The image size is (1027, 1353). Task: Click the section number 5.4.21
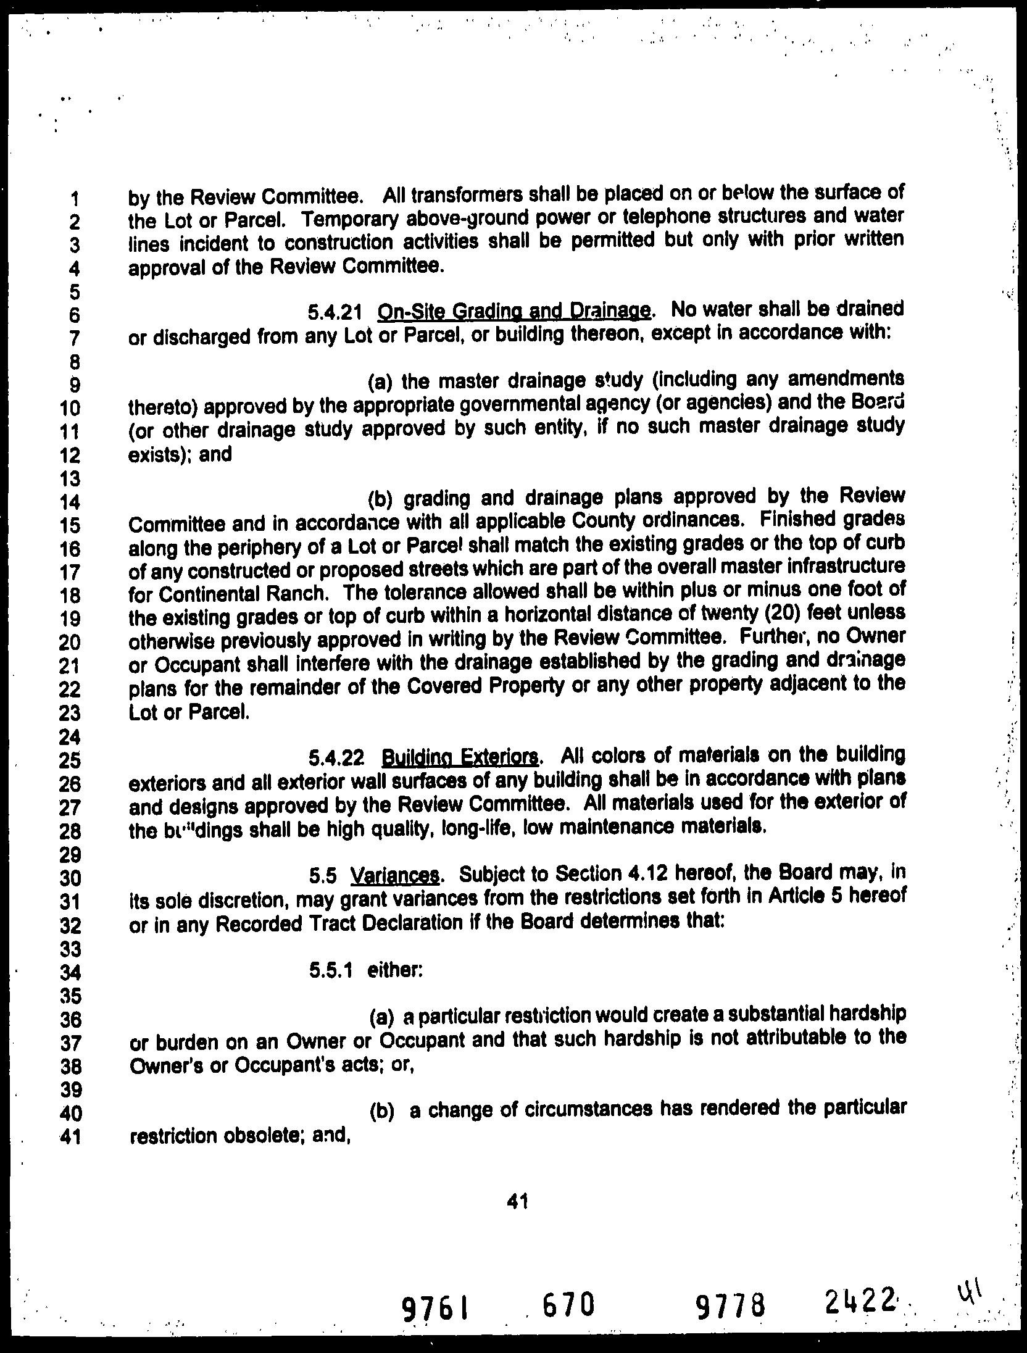click(334, 313)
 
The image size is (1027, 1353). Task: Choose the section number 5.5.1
click(331, 971)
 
